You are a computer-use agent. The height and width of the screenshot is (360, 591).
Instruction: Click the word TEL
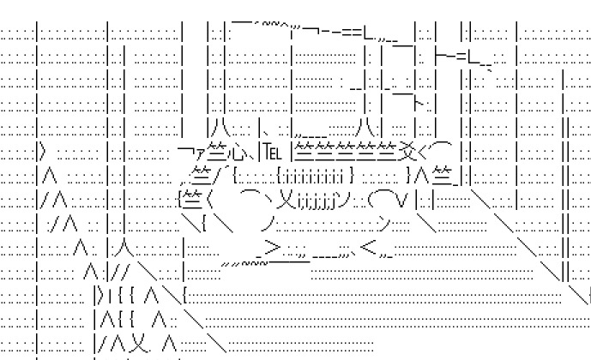pyautogui.click(x=271, y=154)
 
